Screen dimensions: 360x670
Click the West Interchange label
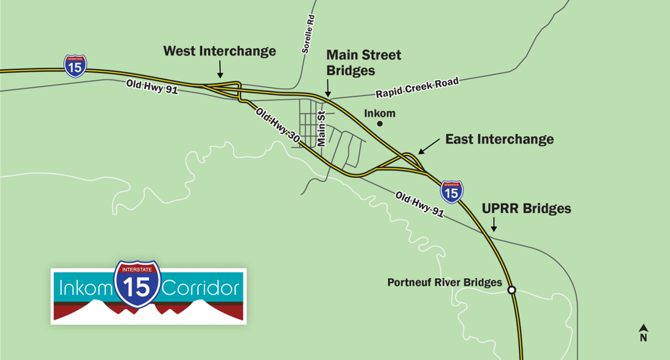pos(219,51)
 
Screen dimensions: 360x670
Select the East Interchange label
pos(499,139)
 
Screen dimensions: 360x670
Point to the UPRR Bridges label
pos(526,209)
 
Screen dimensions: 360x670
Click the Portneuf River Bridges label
pos(445,282)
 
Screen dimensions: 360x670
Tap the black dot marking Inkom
pos(380,124)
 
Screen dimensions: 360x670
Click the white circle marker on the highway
pos(512,290)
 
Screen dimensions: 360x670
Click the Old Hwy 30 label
pos(277,122)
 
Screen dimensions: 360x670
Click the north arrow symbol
pos(643,333)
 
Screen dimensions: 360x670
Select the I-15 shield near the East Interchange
pos(451,191)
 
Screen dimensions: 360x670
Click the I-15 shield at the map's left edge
pos(76,66)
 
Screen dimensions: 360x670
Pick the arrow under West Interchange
pos(220,68)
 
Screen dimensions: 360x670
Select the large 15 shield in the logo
pos(137,284)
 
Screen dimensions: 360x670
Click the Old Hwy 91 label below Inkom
pos(420,204)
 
